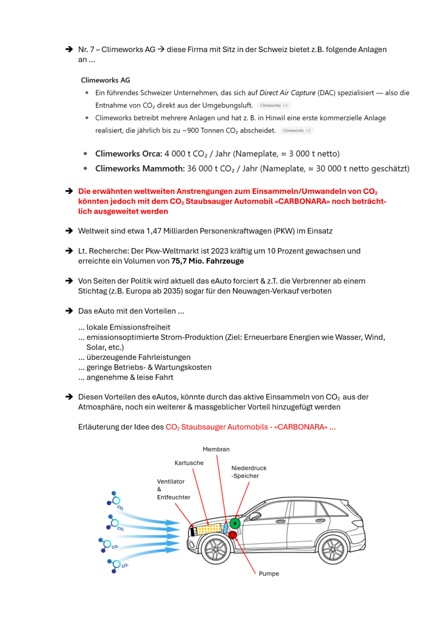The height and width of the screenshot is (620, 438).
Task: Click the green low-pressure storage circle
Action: pyautogui.click(x=235, y=523)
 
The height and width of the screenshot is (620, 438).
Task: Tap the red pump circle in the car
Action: pyautogui.click(x=232, y=535)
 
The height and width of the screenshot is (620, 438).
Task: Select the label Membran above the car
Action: pyautogui.click(x=216, y=450)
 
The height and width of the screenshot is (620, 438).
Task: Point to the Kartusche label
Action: pyautogui.click(x=189, y=463)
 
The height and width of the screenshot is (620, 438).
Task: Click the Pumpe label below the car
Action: pyautogui.click(x=269, y=573)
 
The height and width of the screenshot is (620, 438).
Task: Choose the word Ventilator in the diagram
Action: pyautogui.click(x=170, y=481)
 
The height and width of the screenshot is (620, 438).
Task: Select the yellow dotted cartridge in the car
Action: pyautogui.click(x=208, y=529)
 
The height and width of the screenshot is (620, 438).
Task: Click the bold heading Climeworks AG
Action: pyautogui.click(x=105, y=80)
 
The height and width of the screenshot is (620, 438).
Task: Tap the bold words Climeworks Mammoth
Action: pyautogui.click(x=139, y=169)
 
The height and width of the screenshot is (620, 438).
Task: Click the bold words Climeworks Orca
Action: pyautogui.click(x=128, y=154)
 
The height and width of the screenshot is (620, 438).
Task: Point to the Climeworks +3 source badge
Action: pyautogui.click(x=274, y=105)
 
